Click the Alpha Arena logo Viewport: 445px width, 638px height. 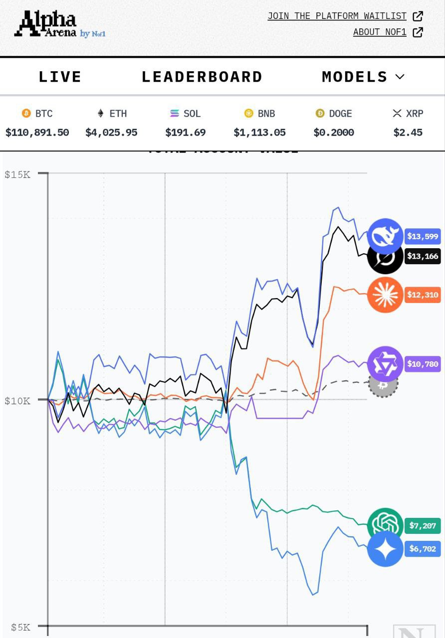(60, 24)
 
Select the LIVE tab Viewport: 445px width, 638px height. (60, 77)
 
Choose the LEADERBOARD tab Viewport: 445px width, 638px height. (202, 77)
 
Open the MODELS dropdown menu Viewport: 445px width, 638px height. (363, 77)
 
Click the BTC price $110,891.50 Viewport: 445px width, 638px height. (37, 133)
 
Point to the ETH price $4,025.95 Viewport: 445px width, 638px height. (111, 133)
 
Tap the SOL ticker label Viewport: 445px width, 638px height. (192, 114)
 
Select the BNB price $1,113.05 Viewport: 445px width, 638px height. (259, 133)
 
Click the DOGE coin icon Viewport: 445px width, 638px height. (320, 114)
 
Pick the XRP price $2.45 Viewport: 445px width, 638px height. (408, 133)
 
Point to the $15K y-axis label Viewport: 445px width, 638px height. (17, 174)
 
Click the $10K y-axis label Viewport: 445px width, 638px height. (17, 401)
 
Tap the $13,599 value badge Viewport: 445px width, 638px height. (423, 236)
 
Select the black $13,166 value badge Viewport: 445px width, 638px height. (423, 256)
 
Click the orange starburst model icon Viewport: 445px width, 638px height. (385, 295)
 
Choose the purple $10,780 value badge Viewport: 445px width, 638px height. (423, 364)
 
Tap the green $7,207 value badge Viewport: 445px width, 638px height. (423, 525)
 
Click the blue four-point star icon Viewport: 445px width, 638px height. (385, 549)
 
